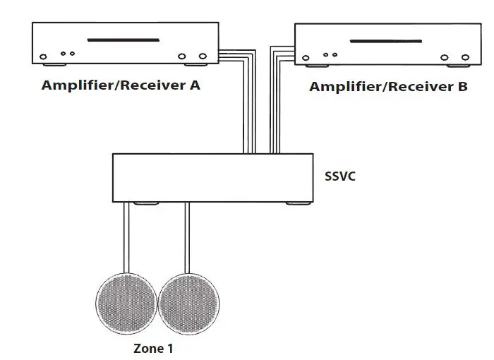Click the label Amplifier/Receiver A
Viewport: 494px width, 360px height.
121,85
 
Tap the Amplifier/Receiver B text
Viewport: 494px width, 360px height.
388,87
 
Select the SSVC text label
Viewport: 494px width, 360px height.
341,176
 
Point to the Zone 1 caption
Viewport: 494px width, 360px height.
153,348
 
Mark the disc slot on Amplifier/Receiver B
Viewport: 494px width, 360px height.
387,42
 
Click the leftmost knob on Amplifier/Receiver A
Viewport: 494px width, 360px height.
44,56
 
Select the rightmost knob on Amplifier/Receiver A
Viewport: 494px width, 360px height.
203,56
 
